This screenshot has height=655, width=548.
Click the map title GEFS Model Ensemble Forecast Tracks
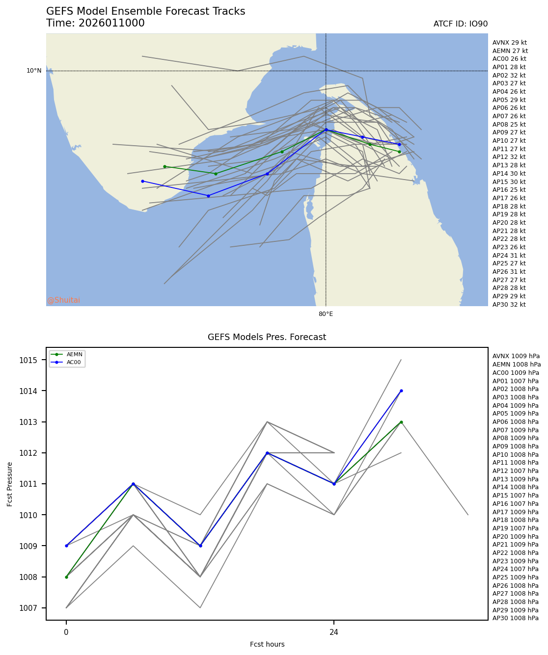(x=145, y=11)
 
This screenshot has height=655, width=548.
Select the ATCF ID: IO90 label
(x=460, y=24)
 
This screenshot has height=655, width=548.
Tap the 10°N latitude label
(x=34, y=71)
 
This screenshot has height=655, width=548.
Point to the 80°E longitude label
(x=326, y=314)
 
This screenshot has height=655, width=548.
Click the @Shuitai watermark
(x=64, y=300)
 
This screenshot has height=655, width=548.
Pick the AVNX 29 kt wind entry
(x=509, y=43)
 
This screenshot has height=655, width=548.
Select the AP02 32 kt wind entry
(x=509, y=76)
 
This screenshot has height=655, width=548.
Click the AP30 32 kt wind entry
(x=509, y=305)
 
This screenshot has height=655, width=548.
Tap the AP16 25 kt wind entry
(x=509, y=190)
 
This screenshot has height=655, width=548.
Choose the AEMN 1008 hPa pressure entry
(x=516, y=365)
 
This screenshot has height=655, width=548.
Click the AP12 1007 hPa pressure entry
(x=515, y=471)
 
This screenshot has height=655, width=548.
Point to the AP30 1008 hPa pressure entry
(x=515, y=618)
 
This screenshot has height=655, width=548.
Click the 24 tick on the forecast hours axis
(x=334, y=632)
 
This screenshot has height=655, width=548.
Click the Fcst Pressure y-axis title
(x=10, y=484)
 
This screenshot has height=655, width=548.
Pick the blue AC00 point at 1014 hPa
(x=401, y=391)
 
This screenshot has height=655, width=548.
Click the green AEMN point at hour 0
(x=66, y=577)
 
